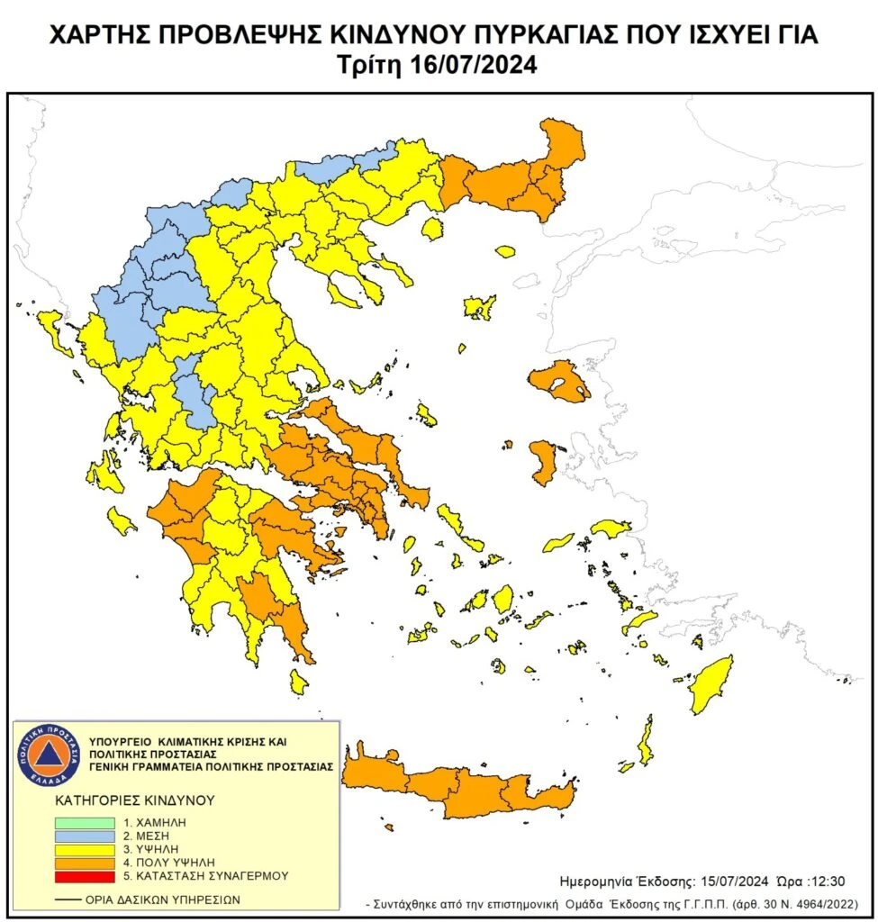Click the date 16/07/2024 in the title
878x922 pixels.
click(x=481, y=66)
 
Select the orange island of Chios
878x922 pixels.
click(x=543, y=460)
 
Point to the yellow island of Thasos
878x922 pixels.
click(x=432, y=229)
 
